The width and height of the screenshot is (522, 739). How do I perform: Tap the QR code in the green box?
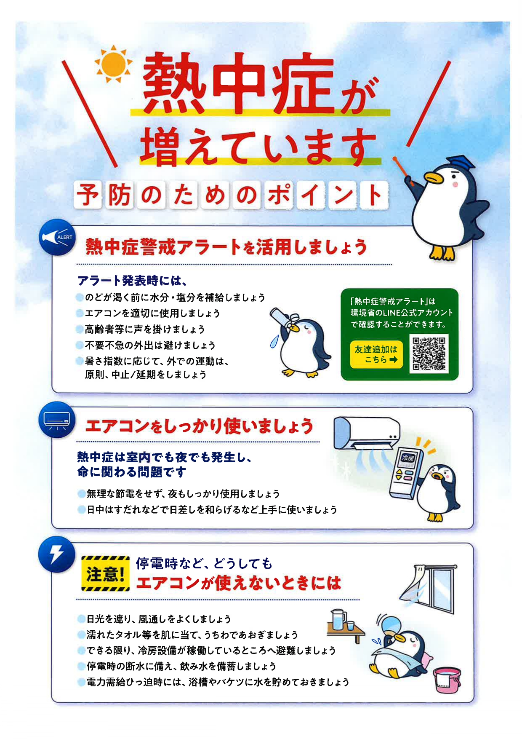[429, 353]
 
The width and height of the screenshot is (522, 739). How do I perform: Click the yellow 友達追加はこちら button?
[376, 354]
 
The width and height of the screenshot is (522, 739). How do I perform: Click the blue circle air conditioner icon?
[57, 420]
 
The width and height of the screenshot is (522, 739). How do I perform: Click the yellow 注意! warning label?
[105, 573]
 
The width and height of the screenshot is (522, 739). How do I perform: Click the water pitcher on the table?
[338, 620]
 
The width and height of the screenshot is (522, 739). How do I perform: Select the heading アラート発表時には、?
[132, 281]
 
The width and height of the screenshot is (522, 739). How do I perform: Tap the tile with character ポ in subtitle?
[279, 195]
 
